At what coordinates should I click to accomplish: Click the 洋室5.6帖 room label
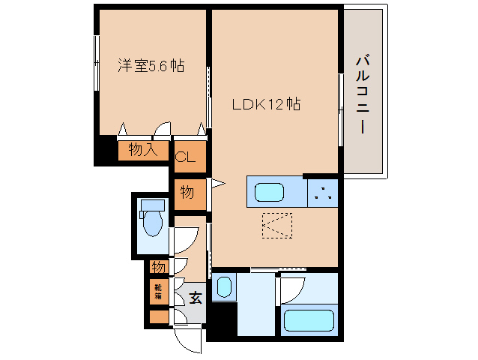[150, 66]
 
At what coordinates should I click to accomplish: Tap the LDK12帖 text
[266, 105]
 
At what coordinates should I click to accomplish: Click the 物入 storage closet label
[142, 150]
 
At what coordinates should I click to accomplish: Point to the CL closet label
[185, 157]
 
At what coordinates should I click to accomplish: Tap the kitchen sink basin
[269, 193]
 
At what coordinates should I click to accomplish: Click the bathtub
[309, 319]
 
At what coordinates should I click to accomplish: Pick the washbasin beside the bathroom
[224, 287]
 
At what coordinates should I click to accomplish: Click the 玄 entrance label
[195, 297]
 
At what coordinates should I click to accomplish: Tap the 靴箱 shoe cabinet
[159, 291]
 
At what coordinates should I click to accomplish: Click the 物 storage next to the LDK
[187, 193]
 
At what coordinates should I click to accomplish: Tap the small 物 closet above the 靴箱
[158, 266]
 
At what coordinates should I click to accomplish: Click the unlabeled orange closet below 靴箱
[159, 316]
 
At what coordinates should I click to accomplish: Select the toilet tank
[152, 205]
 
